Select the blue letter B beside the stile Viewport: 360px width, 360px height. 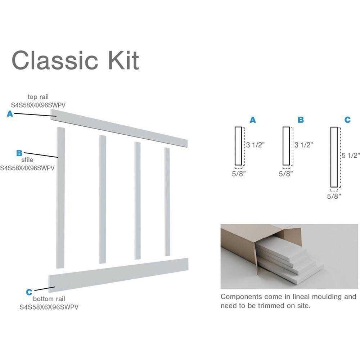20,153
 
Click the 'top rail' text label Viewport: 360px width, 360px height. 39,97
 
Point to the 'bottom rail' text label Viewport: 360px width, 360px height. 49,299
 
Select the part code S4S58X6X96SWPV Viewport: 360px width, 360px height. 49,307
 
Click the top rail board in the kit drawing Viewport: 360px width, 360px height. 119,128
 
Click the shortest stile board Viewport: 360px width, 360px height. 167,202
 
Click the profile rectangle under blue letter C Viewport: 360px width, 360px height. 334,157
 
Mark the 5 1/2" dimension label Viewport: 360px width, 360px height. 351,156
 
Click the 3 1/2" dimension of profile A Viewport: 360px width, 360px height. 256,145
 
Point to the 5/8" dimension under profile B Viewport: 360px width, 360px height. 286,174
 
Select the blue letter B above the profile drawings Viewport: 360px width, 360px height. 301,120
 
